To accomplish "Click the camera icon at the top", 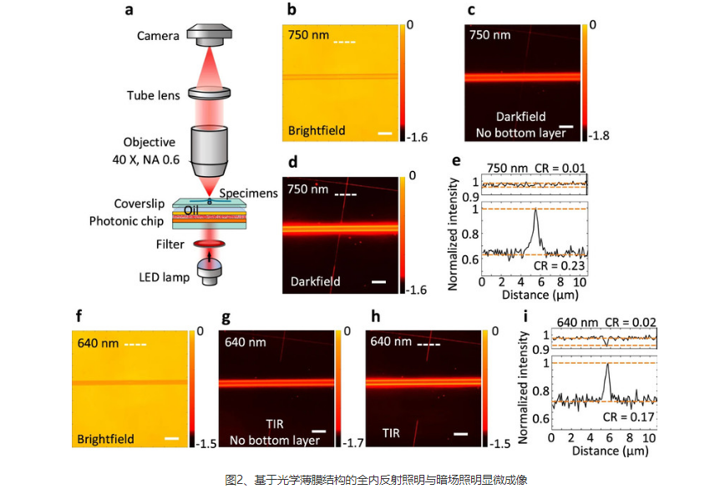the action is (x=209, y=35).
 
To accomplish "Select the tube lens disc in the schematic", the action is (x=209, y=93).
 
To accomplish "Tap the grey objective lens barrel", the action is (x=209, y=151).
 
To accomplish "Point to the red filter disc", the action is (x=209, y=244).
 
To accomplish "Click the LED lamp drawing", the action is (x=209, y=271).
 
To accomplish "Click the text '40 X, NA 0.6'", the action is (x=146, y=159).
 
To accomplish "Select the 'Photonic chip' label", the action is (x=126, y=221).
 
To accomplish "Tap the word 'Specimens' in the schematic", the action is (x=249, y=193).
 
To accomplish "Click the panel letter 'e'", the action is (x=456, y=160).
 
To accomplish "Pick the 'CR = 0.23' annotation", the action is (x=559, y=265).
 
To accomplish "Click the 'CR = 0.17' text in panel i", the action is (x=628, y=416).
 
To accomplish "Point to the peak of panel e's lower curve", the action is (x=535, y=209).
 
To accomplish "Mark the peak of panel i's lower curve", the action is (x=607, y=364).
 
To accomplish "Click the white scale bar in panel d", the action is (x=378, y=282).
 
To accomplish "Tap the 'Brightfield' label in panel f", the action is (x=105, y=439).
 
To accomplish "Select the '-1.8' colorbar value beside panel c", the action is (x=599, y=135).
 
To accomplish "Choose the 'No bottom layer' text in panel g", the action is (x=275, y=440).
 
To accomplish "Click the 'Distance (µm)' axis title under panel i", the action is (x=610, y=451).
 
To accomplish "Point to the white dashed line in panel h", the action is (x=429, y=345).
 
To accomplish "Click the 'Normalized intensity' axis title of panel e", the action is (x=453, y=234).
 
